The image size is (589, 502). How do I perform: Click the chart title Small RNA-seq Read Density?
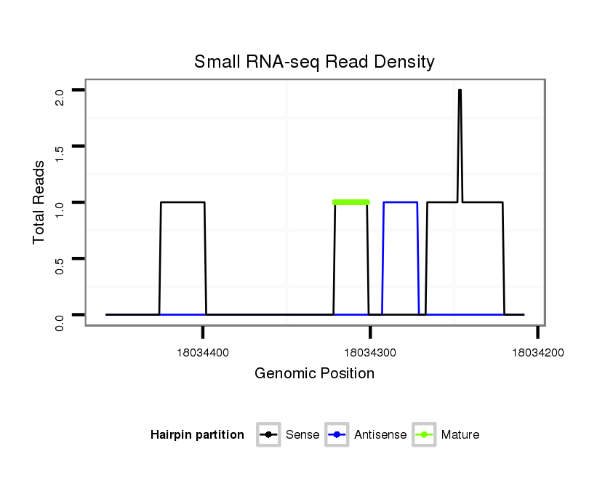pyautogui.click(x=314, y=62)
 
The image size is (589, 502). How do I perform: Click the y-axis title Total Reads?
pyautogui.click(x=41, y=202)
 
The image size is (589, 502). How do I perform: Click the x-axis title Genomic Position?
pyautogui.click(x=314, y=374)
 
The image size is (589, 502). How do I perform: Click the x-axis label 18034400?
pyautogui.click(x=204, y=352)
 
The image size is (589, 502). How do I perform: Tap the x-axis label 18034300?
pyautogui.click(x=370, y=352)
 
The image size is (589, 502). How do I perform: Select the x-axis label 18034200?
pyautogui.click(x=537, y=352)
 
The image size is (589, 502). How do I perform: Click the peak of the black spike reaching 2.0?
pyautogui.click(x=460, y=91)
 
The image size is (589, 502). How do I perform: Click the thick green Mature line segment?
pyautogui.click(x=351, y=202)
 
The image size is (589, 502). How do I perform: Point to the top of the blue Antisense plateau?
pyautogui.click(x=400, y=202)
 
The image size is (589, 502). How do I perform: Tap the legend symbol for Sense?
pyautogui.click(x=268, y=435)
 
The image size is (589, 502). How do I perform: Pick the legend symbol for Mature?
pyautogui.click(x=424, y=435)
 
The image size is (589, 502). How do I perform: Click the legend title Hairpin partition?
pyautogui.click(x=197, y=435)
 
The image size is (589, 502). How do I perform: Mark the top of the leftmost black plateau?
pyautogui.click(x=183, y=202)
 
